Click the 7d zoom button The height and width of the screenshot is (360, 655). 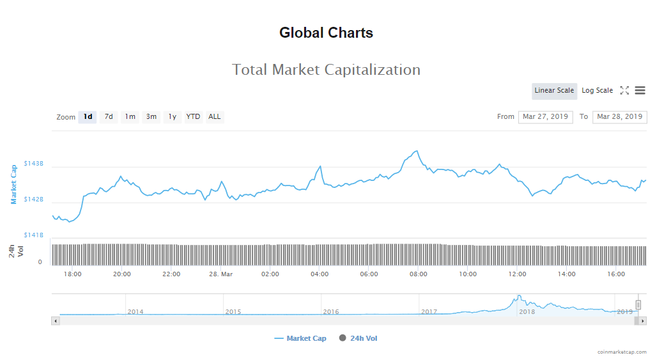pyautogui.click(x=109, y=117)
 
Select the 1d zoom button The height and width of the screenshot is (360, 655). pyautogui.click(x=88, y=117)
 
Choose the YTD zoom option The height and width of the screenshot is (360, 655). pyautogui.click(x=193, y=117)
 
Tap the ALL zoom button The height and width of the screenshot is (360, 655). pyautogui.click(x=215, y=117)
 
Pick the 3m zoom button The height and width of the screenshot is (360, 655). pyautogui.click(x=151, y=117)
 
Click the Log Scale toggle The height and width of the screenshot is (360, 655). pyautogui.click(x=597, y=91)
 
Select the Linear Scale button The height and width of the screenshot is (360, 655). pyautogui.click(x=554, y=91)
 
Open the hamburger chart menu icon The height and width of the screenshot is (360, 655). pyautogui.click(x=640, y=91)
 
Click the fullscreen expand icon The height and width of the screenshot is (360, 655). pyautogui.click(x=624, y=91)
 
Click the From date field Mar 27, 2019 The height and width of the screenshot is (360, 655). pyautogui.click(x=545, y=117)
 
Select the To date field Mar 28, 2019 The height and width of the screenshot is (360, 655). pyautogui.click(x=620, y=117)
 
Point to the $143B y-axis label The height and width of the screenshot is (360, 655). pyautogui.click(x=34, y=164)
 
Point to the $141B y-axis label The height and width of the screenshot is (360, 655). pyautogui.click(x=34, y=235)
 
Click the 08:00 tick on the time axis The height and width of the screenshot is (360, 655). pyautogui.click(x=419, y=274)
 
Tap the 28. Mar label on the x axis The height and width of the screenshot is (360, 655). pyautogui.click(x=220, y=274)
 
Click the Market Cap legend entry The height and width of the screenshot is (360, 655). pyautogui.click(x=300, y=338)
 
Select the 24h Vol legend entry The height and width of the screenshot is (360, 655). pyautogui.click(x=358, y=338)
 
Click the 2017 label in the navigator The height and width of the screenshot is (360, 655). pyautogui.click(x=429, y=312)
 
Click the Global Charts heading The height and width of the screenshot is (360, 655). pyautogui.click(x=326, y=33)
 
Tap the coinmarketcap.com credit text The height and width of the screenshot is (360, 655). pyautogui.click(x=622, y=352)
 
